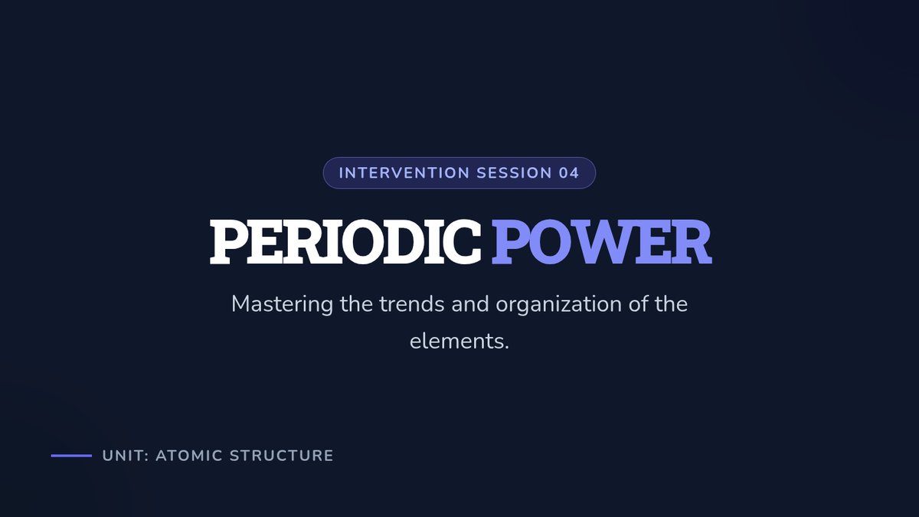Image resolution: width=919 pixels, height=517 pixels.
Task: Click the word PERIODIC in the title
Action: pos(345,242)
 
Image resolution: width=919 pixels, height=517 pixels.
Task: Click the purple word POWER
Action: pos(602,242)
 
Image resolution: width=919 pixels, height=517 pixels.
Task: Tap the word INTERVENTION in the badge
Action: pos(404,173)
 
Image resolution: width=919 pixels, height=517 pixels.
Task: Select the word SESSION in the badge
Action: pos(514,173)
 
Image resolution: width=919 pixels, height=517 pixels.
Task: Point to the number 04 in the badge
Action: pos(569,173)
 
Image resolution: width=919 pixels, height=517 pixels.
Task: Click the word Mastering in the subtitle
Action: pos(282,305)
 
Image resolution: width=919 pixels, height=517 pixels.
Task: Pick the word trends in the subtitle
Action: pos(411,304)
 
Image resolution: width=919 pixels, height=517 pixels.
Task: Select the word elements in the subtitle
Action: pos(456,342)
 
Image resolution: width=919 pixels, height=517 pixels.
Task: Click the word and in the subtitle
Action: pos(470,304)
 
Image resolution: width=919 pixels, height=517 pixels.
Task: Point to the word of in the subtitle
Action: pos(638,304)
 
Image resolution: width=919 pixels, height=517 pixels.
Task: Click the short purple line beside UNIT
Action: pos(71,456)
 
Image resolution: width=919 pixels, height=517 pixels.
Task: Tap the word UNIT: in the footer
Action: pos(126,456)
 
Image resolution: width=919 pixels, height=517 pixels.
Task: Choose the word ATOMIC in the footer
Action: pos(189,456)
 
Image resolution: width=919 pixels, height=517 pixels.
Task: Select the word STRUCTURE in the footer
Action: pos(282,456)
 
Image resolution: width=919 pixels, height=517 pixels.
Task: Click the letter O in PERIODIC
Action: pos(364,242)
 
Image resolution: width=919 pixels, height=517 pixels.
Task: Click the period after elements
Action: pos(506,348)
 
